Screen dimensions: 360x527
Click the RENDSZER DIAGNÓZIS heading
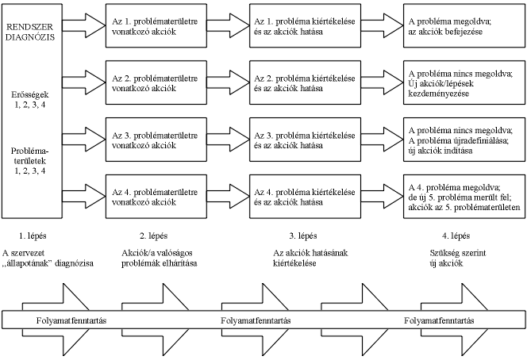(x=29, y=29)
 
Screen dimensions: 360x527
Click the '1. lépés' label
(x=29, y=236)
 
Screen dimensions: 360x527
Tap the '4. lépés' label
(x=452, y=236)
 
